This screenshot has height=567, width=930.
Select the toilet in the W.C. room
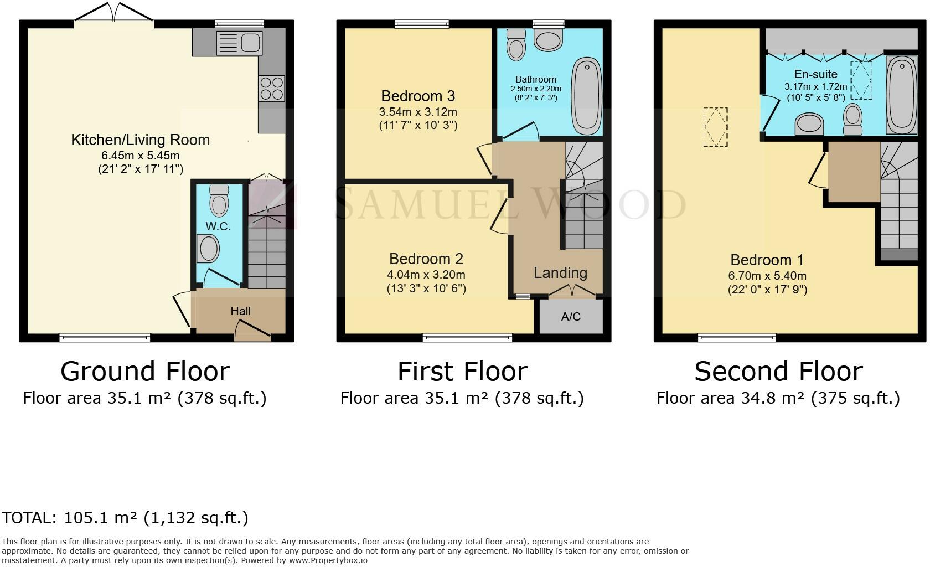pos(219,201)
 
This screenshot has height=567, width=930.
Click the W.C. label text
pos(218,226)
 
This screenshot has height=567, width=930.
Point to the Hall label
pos(240,311)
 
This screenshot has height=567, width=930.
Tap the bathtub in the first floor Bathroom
pos(587,96)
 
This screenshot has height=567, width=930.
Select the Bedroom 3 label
pos(418,96)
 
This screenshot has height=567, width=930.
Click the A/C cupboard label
pos(571,317)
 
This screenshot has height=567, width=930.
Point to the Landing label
pos(560,272)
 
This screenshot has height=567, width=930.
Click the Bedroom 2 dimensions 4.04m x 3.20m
pos(426,275)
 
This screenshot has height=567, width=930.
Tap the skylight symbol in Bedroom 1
pos(715,127)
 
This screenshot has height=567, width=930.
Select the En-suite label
pos(815,74)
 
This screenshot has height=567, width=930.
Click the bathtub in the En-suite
pos(901,95)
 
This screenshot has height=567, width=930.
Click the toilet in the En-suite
pos(852,120)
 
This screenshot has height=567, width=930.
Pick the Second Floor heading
pos(778,371)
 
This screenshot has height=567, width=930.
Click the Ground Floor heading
pos(144,371)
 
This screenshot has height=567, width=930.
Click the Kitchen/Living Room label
pos(140,140)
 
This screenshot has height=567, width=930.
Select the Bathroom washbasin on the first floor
pos(548,40)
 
